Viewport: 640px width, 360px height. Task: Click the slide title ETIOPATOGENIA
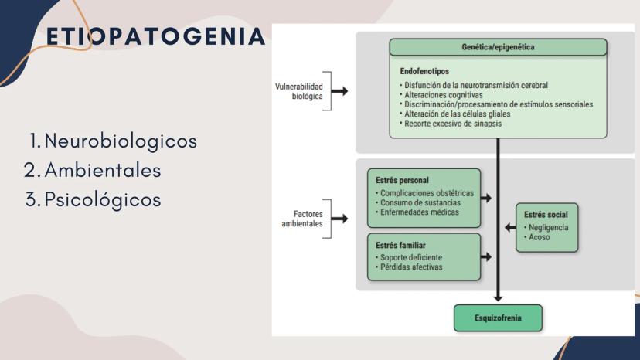155,37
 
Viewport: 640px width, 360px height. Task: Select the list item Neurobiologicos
120,142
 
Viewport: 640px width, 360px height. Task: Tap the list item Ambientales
102,170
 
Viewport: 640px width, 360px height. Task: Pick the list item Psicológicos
102,199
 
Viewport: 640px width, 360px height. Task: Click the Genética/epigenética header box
498,47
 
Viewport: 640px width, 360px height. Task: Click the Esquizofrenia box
498,318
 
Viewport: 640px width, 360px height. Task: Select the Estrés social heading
546,214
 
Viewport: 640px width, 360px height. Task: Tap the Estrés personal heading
401,181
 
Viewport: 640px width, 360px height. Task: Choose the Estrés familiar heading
400,245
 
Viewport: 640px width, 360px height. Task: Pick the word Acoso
540,237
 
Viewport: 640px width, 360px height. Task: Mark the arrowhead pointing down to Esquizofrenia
498,297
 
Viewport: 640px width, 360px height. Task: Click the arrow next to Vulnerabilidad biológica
339,91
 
